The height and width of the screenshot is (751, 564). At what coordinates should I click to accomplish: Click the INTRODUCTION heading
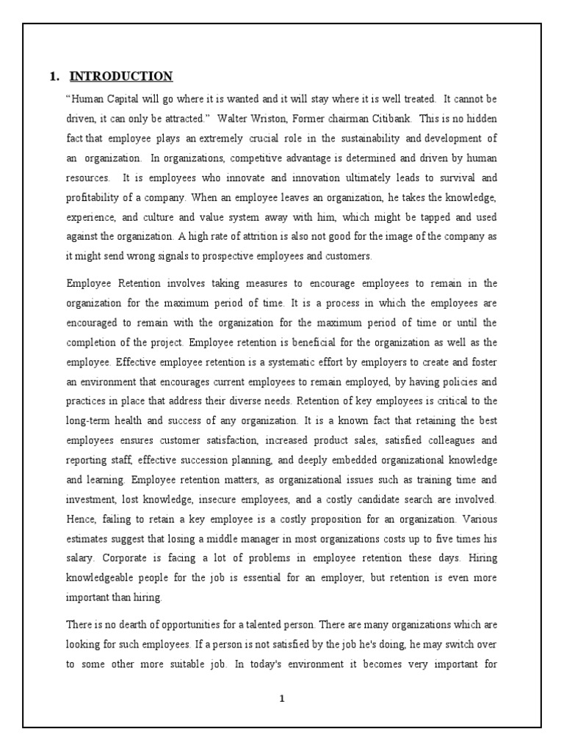point(121,76)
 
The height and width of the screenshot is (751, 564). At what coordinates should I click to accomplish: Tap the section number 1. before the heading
point(53,76)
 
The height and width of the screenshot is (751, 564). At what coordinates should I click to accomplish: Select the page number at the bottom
point(281,698)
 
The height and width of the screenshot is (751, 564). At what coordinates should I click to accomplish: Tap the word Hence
point(81,519)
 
